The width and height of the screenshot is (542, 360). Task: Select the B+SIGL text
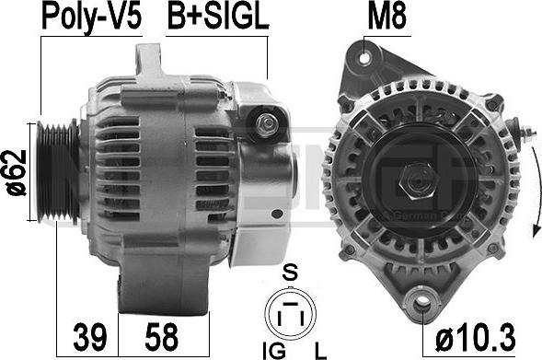[216, 17]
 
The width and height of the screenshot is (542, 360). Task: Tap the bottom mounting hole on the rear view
[422, 300]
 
